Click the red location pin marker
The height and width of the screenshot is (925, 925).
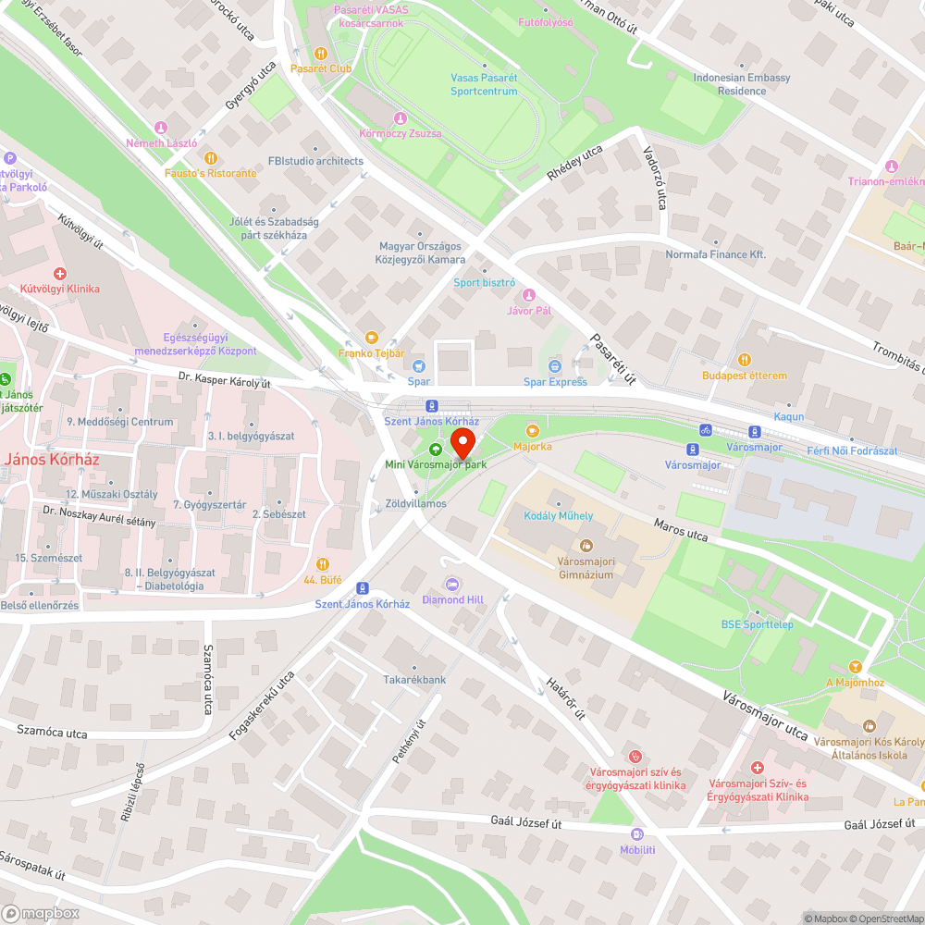point(462,440)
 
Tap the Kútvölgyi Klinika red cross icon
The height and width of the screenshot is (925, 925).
point(60,274)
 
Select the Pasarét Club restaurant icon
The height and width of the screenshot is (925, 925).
point(321,53)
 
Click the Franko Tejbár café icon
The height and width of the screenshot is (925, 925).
point(372,338)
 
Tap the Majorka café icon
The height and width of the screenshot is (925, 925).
point(532,430)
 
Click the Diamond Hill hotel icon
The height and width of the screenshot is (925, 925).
point(452,584)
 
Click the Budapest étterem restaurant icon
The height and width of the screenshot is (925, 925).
point(744,360)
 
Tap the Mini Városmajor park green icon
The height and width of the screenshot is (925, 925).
point(436,448)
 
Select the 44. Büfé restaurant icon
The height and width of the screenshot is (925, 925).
point(322,563)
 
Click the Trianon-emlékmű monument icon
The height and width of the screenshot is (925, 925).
point(892,166)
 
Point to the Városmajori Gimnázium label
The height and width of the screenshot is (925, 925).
point(586,568)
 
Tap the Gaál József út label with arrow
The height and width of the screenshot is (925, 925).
point(880,823)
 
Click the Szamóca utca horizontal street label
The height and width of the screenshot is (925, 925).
point(52,733)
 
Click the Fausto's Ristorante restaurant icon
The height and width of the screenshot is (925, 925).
point(210,157)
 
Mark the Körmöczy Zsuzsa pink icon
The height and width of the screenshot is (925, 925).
point(401,118)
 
